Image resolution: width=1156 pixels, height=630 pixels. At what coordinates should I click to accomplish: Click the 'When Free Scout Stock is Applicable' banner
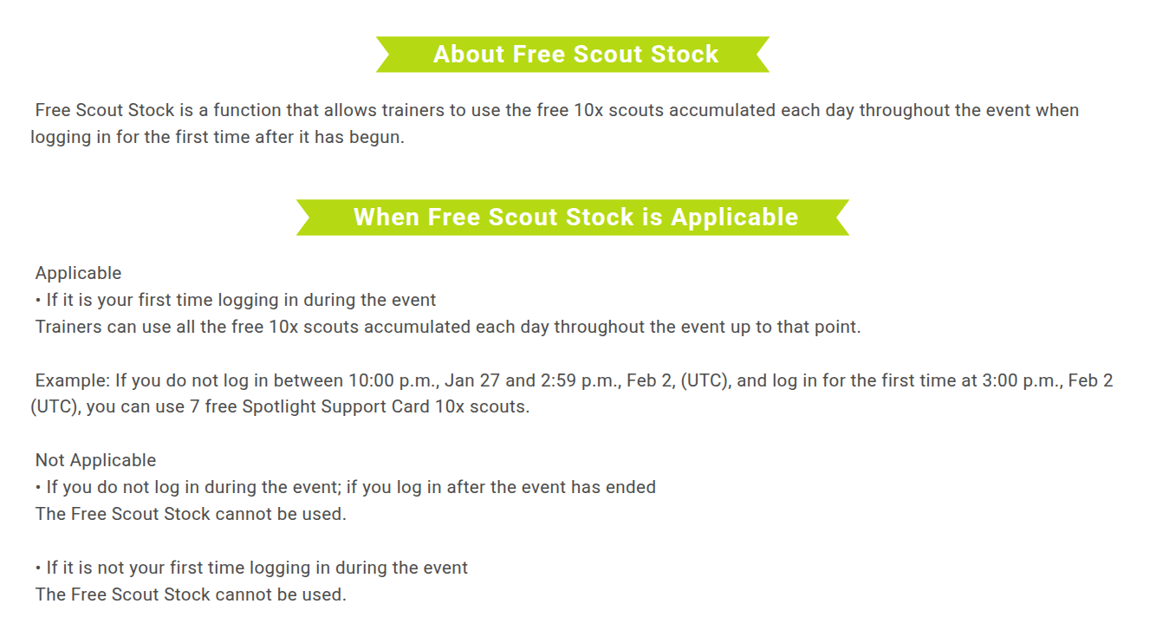tap(573, 218)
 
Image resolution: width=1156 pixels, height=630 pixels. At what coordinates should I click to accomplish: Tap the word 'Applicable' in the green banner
tap(734, 218)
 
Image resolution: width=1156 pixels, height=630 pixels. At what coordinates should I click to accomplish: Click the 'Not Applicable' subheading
tap(95, 460)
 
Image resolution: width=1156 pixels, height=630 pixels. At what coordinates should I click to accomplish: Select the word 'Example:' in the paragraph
tap(73, 380)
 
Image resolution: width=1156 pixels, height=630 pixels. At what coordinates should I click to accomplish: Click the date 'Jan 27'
tap(472, 380)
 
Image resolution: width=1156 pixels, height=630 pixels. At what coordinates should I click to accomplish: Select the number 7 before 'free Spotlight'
tap(194, 407)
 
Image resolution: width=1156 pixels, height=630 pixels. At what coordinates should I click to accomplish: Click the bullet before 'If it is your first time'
tap(38, 301)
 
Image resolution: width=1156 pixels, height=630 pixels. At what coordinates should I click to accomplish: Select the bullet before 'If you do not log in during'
tap(38, 488)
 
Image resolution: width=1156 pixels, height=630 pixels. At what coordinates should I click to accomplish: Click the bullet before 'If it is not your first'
tap(38, 568)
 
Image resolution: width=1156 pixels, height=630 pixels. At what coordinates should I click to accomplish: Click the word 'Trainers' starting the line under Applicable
tap(68, 327)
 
